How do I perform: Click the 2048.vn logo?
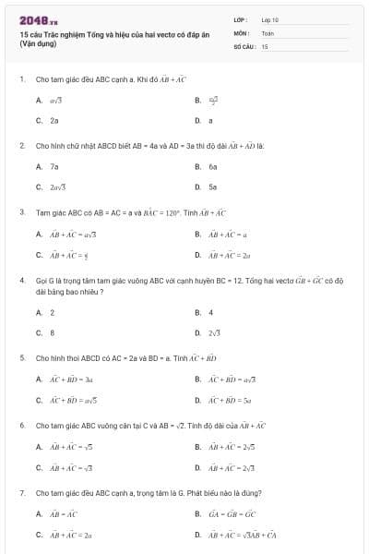click(39, 19)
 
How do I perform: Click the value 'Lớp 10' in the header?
click(270, 18)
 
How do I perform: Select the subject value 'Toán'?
click(268, 31)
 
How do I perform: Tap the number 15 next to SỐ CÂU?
click(265, 45)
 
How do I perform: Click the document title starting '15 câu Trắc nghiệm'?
click(114, 34)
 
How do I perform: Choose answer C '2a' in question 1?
click(54, 120)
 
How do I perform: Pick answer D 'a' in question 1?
click(210, 120)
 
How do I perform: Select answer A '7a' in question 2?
click(54, 166)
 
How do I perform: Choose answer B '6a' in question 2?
click(212, 166)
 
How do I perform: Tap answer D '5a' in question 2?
click(212, 187)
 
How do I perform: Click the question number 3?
click(21, 211)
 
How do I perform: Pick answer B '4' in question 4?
click(210, 312)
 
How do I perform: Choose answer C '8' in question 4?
click(52, 332)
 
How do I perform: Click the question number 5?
click(21, 356)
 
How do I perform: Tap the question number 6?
click(21, 426)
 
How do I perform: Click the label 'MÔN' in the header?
click(241, 31)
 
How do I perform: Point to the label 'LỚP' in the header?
click(241, 18)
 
